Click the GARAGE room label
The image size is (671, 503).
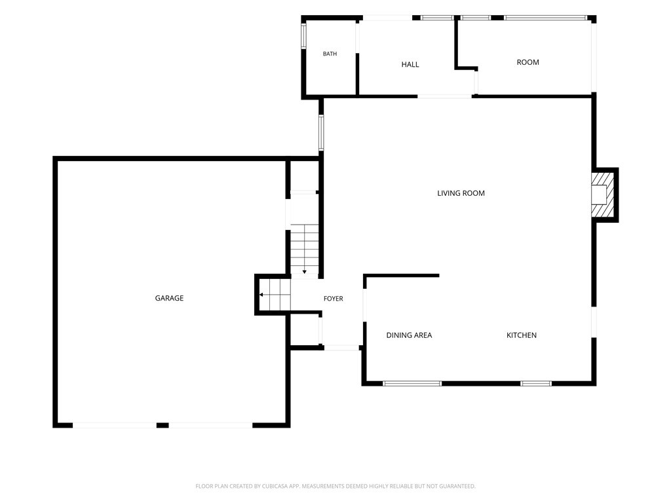[169, 298]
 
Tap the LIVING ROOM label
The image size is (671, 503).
[461, 193]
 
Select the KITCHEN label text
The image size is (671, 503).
[521, 335]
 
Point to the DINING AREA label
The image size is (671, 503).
[409, 335]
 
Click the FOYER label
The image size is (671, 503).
[334, 299]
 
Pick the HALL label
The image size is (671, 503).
[410, 65]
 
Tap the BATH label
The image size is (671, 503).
[330, 54]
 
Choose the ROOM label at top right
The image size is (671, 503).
[527, 62]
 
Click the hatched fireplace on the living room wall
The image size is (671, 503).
[603, 195]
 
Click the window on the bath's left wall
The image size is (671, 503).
[303, 36]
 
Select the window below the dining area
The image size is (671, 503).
[412, 384]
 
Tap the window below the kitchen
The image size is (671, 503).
[536, 384]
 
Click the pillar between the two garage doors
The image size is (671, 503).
[163, 425]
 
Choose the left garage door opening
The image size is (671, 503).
[114, 425]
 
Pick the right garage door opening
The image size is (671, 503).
[210, 425]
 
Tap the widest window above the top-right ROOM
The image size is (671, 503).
[545, 18]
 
